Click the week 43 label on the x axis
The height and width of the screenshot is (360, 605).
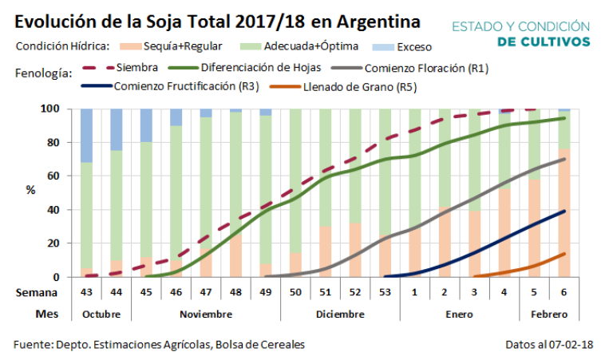86,293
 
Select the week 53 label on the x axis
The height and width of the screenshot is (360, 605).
385,293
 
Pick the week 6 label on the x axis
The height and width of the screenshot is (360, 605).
563,293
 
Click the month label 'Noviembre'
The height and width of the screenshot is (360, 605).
206,314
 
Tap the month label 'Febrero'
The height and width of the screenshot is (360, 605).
548,314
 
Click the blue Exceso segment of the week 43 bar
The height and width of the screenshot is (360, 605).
86,135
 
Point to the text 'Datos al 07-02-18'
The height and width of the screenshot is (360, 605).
548,345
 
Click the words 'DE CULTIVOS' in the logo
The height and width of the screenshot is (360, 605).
544,41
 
